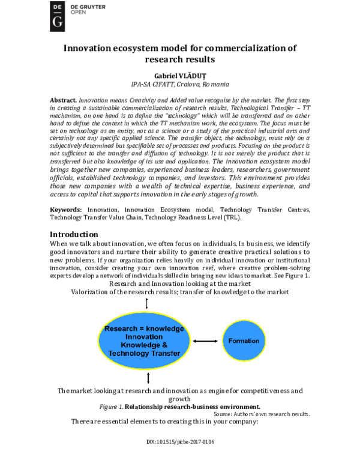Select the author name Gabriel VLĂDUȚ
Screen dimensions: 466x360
click(x=180, y=76)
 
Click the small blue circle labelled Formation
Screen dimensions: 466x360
click(x=244, y=340)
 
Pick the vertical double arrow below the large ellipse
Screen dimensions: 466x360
click(x=148, y=378)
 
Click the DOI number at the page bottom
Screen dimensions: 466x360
click(x=180, y=442)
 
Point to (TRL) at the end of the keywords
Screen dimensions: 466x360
click(x=232, y=218)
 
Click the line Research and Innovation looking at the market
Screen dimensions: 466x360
click(x=180, y=282)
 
